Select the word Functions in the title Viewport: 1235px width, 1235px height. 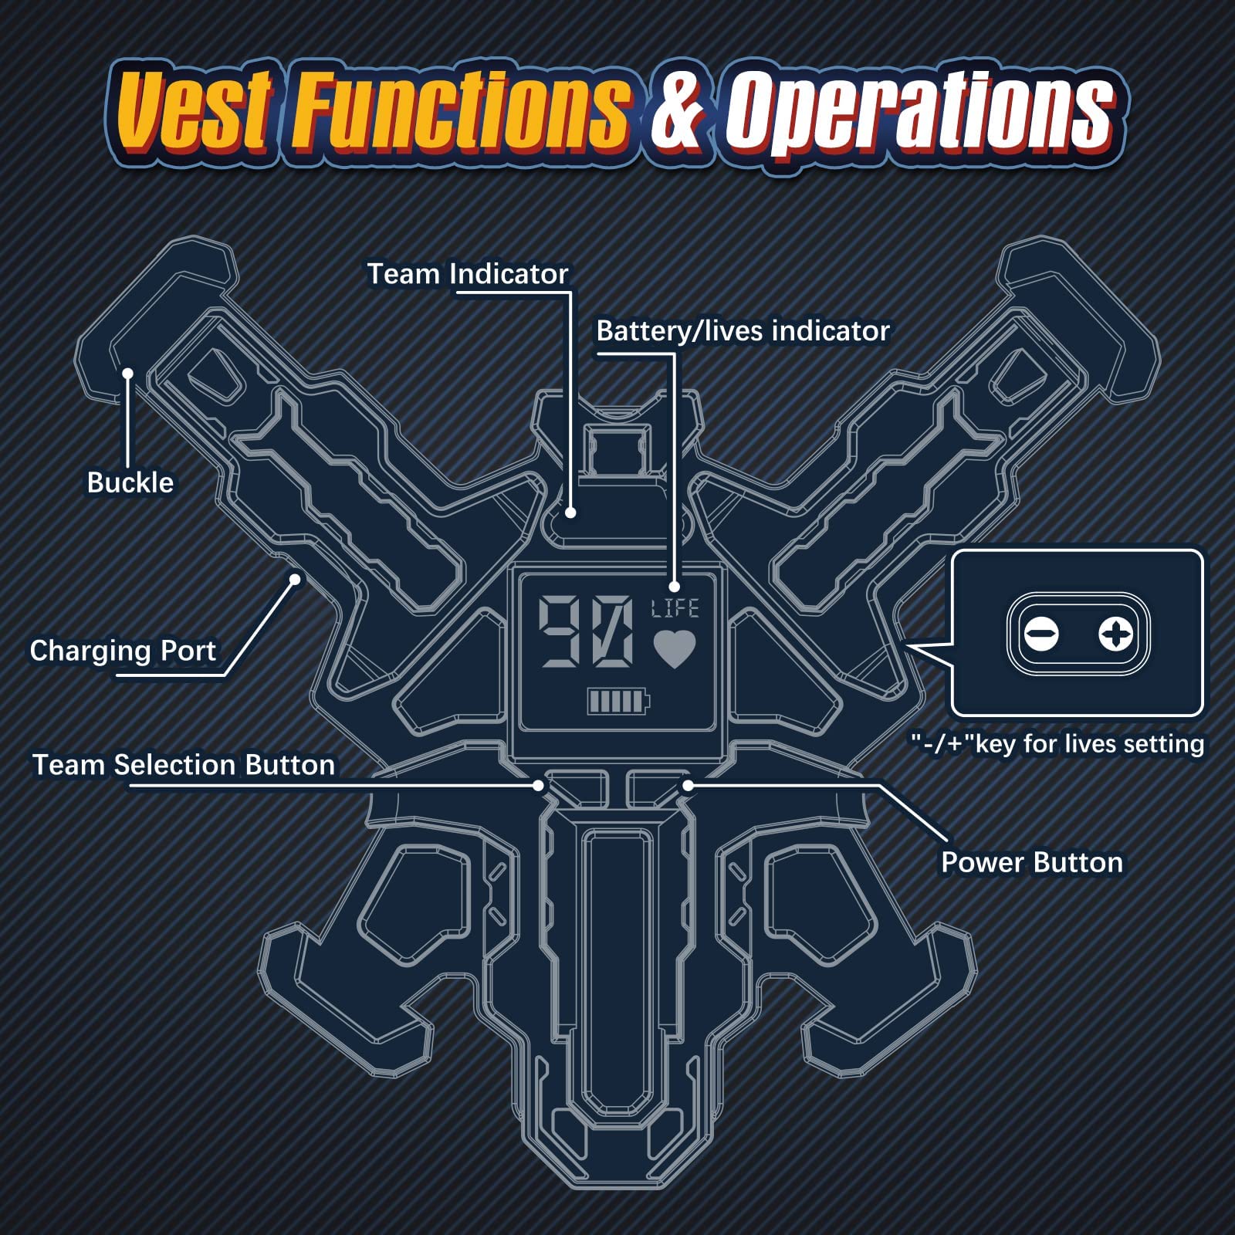click(x=460, y=110)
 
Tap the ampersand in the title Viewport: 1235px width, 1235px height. click(x=676, y=112)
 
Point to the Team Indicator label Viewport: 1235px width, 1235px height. click(x=467, y=274)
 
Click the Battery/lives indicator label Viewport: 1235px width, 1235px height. click(x=743, y=331)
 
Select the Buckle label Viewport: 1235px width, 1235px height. click(x=130, y=482)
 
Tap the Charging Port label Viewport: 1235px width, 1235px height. click(x=123, y=651)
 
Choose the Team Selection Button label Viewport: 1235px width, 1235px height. click(x=184, y=765)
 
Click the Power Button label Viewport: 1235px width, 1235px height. click(x=1031, y=862)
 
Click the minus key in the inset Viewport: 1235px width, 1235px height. click(x=1042, y=634)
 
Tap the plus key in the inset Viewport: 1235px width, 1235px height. click(x=1115, y=634)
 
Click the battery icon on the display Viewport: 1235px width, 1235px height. click(x=618, y=701)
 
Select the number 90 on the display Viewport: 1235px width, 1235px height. click(x=586, y=631)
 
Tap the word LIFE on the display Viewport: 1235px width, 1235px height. click(x=675, y=609)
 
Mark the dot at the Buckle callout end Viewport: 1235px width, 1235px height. click(x=128, y=374)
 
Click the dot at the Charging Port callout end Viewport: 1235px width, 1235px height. click(x=295, y=579)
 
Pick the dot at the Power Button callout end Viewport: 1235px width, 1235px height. click(x=688, y=785)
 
